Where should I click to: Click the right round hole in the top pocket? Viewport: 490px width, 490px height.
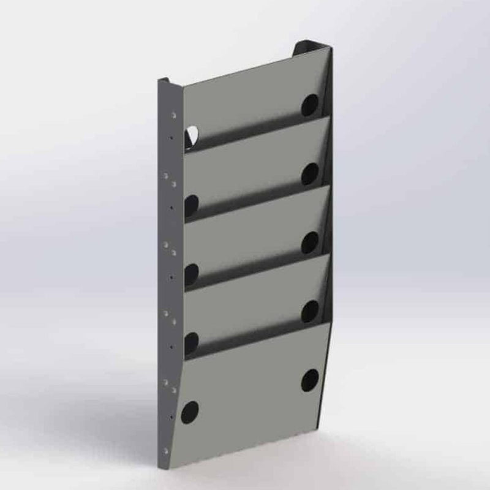click(310, 105)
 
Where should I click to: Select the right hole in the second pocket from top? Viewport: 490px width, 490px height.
click(310, 174)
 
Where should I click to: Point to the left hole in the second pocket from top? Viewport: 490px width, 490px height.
click(191, 205)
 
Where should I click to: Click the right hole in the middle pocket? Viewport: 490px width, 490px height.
click(310, 242)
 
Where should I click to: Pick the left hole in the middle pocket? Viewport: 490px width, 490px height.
click(191, 273)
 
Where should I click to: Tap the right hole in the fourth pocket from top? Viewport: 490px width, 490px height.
click(310, 311)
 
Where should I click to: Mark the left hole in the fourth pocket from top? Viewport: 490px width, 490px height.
click(191, 341)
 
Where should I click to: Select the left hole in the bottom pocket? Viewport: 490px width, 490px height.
click(190, 410)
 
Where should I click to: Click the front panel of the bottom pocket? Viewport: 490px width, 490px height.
click(251, 392)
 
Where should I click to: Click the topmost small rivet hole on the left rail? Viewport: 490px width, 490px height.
click(175, 114)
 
